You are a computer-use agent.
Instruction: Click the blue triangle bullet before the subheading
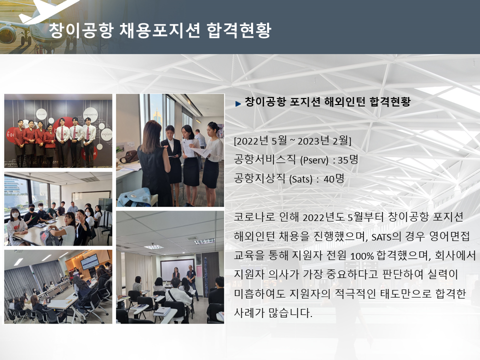click(238, 104)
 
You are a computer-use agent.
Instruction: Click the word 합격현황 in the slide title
click(239, 30)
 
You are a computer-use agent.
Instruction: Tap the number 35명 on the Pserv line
click(348, 159)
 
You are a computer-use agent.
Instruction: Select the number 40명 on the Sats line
click(334, 178)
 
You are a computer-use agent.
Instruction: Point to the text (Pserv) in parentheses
click(314, 160)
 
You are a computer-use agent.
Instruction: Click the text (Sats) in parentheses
click(300, 179)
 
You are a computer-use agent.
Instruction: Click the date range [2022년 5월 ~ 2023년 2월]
click(292, 141)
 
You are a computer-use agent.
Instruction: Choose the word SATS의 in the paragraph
click(386, 236)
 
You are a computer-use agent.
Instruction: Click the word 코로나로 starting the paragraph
click(254, 217)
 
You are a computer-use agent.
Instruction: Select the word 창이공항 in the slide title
click(81, 30)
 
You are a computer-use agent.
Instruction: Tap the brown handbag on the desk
click(129, 156)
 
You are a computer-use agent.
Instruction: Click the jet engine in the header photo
click(8, 34)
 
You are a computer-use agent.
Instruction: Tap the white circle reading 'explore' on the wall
click(106, 134)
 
